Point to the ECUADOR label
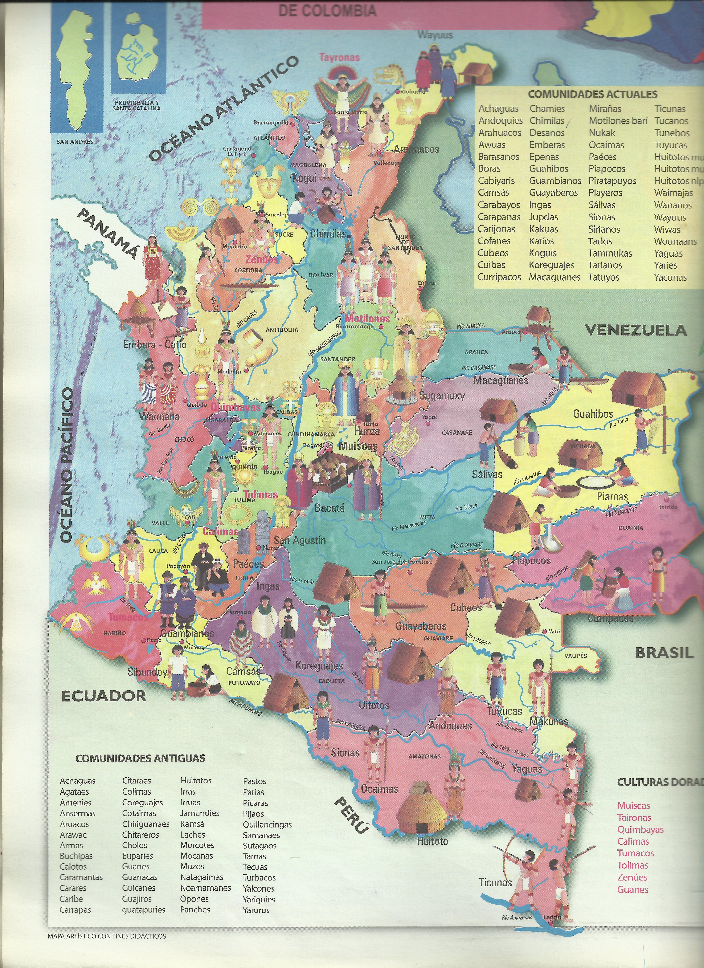pos(104,696)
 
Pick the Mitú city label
pos(554,631)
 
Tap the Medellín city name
pos(229,371)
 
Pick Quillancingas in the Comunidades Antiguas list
pos(267,825)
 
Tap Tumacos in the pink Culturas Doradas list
pos(635,853)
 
